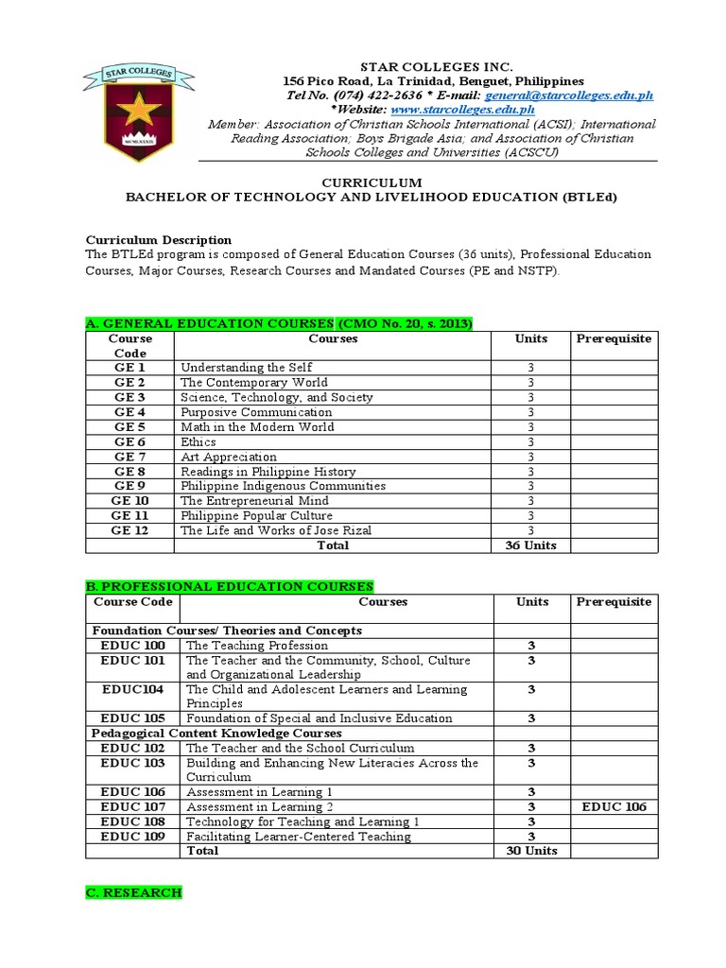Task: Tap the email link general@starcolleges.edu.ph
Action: [568, 95]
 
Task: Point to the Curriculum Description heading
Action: [159, 240]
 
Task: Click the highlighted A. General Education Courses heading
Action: [279, 324]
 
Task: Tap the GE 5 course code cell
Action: [130, 426]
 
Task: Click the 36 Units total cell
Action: [530, 545]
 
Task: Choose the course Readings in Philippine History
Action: [268, 472]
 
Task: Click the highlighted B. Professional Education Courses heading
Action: [230, 587]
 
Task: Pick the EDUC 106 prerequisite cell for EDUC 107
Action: [614, 806]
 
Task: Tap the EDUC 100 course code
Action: [132, 646]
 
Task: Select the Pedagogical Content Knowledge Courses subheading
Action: [216, 733]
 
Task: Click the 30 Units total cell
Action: [530, 851]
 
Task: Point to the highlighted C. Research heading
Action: [133, 893]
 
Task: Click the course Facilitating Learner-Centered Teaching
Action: [299, 837]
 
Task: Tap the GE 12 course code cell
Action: [130, 530]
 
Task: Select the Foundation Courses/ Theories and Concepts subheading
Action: [226, 631]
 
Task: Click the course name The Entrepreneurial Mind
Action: [254, 501]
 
